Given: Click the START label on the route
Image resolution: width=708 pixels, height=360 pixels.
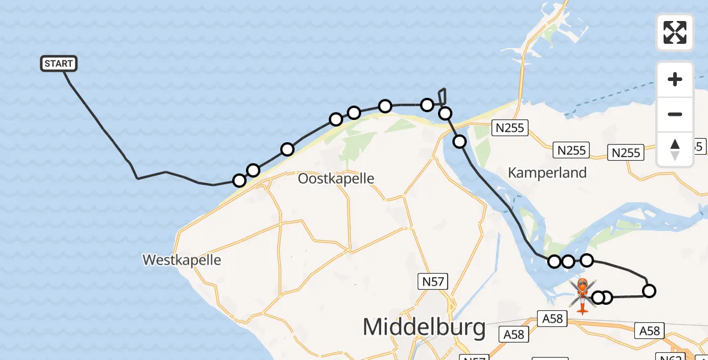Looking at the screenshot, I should tap(59, 64).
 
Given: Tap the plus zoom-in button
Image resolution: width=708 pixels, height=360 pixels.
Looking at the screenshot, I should tap(675, 79).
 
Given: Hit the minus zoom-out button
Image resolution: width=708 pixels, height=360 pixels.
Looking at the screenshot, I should tap(675, 114).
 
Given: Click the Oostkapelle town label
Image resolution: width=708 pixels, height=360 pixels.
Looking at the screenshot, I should tap(336, 179).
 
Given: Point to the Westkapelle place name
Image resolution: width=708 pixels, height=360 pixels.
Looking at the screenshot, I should tap(182, 260).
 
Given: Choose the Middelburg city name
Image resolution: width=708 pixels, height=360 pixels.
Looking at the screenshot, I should tap(424, 328).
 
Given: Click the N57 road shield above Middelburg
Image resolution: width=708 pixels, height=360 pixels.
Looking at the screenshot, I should tap(433, 280).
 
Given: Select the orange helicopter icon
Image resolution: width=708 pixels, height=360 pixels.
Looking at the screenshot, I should tap(582, 294).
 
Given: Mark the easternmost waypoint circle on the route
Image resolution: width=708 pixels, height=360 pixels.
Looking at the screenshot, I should tap(649, 292).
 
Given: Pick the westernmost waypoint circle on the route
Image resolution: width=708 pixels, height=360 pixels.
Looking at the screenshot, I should tap(239, 181).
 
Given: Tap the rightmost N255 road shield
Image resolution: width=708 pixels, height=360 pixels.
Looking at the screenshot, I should tap(626, 153).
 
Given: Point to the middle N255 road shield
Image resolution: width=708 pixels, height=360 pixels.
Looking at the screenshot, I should tap(571, 150).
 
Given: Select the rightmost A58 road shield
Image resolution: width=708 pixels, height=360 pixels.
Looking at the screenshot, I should tap(650, 331).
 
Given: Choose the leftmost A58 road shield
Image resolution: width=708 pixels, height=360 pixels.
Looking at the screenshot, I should tap(514, 335).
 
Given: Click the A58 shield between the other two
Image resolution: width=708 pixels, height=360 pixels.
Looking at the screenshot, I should tap(552, 319).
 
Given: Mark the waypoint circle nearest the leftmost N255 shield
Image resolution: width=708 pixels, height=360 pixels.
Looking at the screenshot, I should tap(460, 142).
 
